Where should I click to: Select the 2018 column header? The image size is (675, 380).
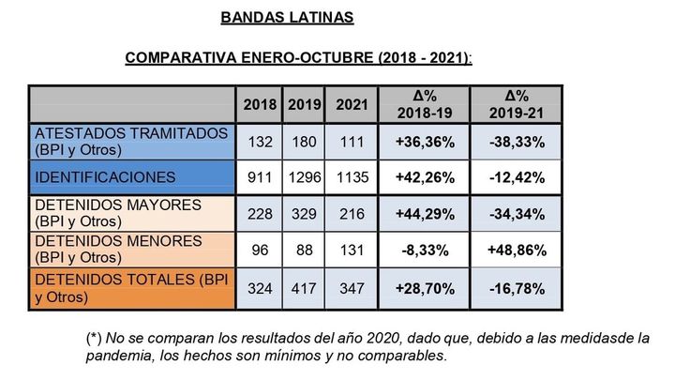coord(257,104)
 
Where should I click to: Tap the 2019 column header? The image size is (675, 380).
coord(305,104)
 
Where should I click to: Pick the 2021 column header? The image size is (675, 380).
coord(352,104)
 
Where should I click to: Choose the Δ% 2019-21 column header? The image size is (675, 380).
coord(516,104)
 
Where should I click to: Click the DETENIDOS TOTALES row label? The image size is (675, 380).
coord(130,288)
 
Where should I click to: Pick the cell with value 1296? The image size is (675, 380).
coord(305,176)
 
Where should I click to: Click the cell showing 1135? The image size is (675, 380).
coord(352,176)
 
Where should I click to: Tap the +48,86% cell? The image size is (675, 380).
coord(516,251)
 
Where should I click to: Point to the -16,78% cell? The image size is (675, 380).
coord(516,288)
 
